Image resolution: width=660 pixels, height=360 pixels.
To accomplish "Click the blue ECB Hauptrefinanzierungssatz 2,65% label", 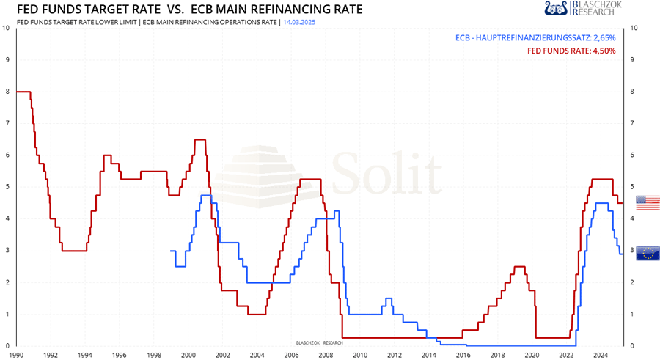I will [x=535, y=37].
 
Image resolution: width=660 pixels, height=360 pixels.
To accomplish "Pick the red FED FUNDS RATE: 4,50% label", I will [x=571, y=51].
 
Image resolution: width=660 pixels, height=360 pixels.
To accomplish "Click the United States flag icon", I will [x=648, y=203].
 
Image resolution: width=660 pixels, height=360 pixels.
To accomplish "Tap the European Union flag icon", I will [x=648, y=253].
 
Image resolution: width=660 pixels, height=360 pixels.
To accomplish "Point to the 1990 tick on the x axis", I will [x=16, y=355].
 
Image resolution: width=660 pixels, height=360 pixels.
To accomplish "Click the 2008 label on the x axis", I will [x=326, y=355].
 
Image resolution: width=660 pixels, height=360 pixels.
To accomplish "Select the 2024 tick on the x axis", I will [x=601, y=355].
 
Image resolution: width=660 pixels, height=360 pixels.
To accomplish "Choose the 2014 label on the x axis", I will [x=428, y=355].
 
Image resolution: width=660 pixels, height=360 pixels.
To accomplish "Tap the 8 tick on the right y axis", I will [x=633, y=92].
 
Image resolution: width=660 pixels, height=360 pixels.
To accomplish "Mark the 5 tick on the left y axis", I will [x=7, y=187].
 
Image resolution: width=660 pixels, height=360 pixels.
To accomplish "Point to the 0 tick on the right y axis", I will [x=633, y=346].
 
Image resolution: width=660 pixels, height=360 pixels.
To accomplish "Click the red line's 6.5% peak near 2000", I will [x=199, y=139].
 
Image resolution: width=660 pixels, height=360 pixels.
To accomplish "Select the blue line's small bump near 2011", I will [x=388, y=298].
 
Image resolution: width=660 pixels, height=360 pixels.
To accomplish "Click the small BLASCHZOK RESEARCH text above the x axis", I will [x=319, y=342].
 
